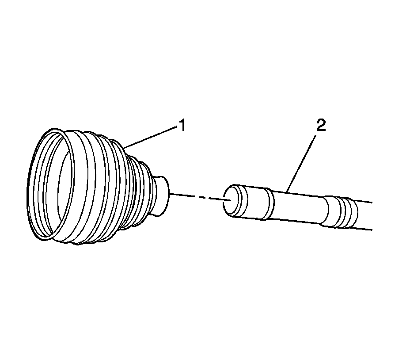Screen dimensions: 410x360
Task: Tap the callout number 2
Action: point(321,126)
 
